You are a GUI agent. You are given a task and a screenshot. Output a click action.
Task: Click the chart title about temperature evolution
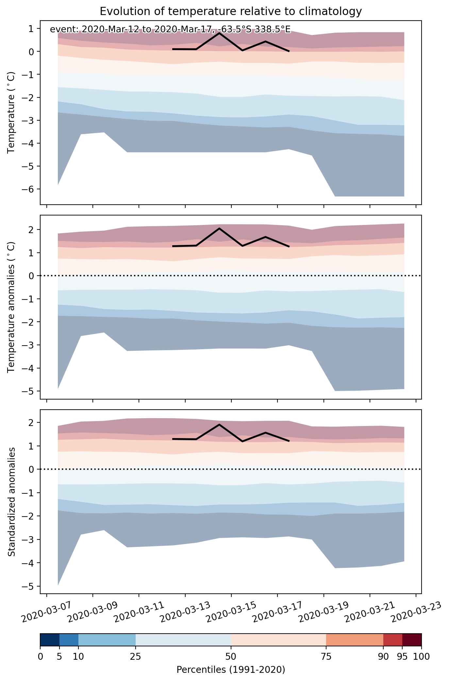(x=231, y=11)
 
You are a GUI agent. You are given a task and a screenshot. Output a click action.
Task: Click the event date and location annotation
(x=170, y=30)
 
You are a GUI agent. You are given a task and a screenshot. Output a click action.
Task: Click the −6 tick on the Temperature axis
(x=28, y=189)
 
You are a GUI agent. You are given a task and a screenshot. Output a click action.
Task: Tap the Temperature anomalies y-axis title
(x=12, y=307)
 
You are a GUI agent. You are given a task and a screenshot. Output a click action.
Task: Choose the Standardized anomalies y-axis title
(x=12, y=502)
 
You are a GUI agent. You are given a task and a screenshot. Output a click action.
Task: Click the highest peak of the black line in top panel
(x=219, y=33)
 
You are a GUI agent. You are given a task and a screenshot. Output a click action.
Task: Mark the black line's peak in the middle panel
(x=219, y=228)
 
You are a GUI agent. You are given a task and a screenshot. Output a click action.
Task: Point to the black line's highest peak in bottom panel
(x=219, y=424)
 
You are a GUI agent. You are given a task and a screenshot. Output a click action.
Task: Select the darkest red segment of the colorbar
(x=412, y=640)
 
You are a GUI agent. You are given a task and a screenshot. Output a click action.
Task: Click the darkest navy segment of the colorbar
(x=50, y=640)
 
